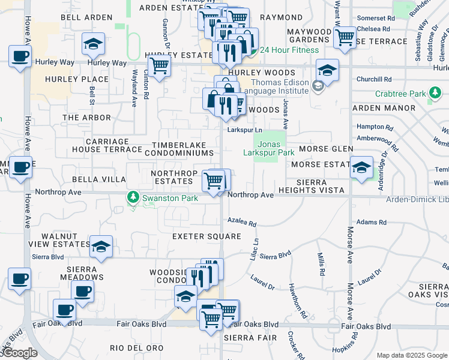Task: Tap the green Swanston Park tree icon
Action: tap(133, 197)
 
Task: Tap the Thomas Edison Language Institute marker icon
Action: tap(318, 86)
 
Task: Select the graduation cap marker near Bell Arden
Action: tap(93, 44)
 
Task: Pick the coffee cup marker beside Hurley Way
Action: tap(20, 56)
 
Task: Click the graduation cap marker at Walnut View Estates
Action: tap(101, 246)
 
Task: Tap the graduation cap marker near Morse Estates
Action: tap(361, 167)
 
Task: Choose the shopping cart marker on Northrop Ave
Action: tap(214, 179)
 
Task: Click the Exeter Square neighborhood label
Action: tap(198, 236)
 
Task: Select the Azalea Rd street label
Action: tap(242, 221)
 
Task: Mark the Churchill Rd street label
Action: tap(373, 79)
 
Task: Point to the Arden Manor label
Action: tap(383, 108)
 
